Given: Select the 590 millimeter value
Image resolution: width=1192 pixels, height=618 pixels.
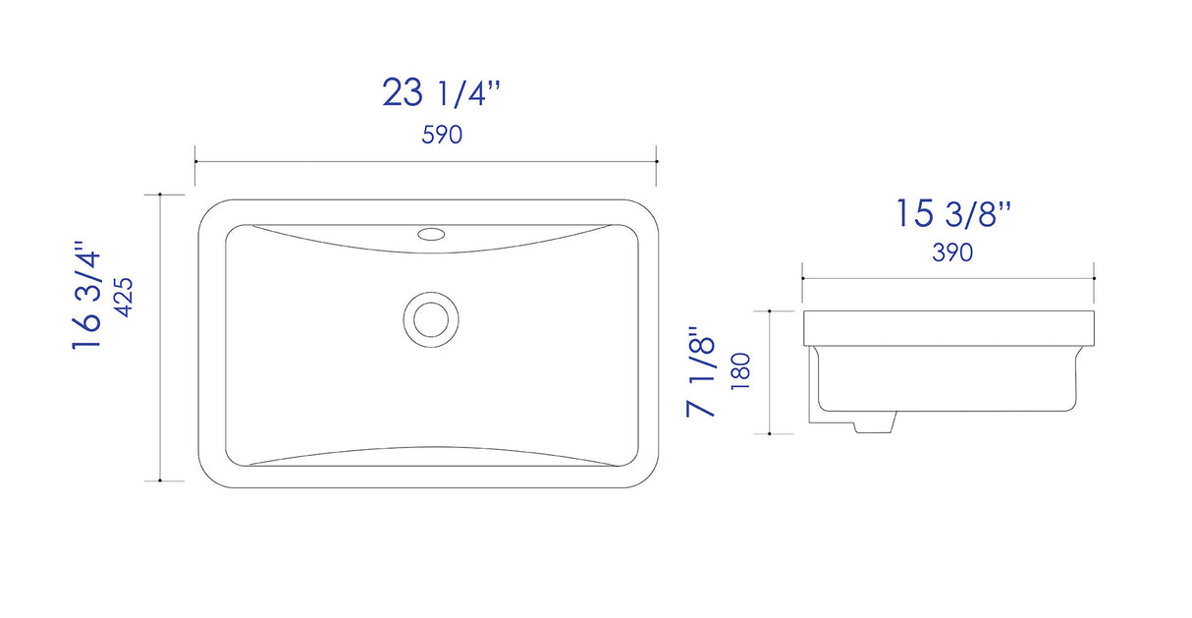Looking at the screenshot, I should [x=442, y=136].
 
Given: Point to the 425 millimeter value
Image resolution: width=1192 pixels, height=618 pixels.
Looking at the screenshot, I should [x=125, y=295].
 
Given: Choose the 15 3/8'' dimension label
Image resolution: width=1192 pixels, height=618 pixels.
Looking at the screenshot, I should [x=951, y=213].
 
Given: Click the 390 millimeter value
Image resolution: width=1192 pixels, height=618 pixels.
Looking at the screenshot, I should [x=951, y=253].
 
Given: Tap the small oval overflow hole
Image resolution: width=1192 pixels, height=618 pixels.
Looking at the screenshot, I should [x=431, y=234].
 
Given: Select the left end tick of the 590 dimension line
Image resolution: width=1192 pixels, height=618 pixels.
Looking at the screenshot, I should [x=195, y=161].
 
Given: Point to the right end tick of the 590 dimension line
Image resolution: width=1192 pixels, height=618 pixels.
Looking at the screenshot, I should [x=656, y=161].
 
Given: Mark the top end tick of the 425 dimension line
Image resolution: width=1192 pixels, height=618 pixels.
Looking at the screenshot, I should [x=159, y=195].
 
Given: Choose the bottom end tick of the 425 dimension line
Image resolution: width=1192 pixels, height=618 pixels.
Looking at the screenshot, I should [x=159, y=480].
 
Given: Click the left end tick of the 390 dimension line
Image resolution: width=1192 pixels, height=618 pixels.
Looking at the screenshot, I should [x=803, y=278].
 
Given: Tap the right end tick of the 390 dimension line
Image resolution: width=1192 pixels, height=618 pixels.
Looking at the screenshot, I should [x=1094, y=278].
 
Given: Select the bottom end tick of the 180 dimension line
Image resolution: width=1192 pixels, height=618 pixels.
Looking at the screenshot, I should [x=770, y=432].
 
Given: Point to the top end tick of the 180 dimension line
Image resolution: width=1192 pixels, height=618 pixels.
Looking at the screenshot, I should [x=770, y=310].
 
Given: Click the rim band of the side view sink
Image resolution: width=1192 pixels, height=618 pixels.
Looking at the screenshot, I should [x=948, y=328].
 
